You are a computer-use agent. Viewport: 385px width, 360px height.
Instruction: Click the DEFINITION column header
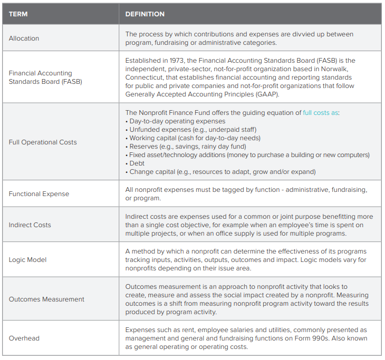[145, 14]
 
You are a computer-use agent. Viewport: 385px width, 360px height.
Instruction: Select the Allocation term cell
[24, 38]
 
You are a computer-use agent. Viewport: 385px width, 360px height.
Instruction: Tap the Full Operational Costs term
[43, 142]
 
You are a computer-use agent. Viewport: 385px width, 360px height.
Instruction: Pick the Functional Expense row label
[38, 194]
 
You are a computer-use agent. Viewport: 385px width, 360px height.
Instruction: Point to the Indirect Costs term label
[30, 225]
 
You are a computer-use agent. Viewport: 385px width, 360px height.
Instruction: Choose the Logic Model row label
[27, 260]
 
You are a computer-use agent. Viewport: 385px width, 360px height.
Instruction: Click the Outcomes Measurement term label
[46, 299]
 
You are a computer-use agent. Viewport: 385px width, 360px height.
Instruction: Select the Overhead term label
[24, 338]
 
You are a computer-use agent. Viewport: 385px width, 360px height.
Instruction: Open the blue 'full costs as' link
[321, 112]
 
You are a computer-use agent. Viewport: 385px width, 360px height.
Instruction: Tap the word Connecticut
[145, 77]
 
